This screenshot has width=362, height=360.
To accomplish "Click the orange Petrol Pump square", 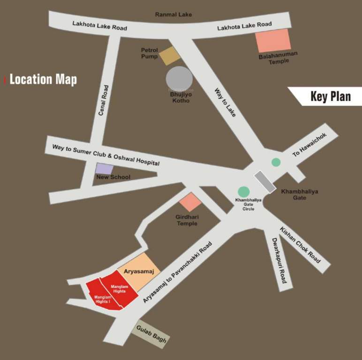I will (169, 56).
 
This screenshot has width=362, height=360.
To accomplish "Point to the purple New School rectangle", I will (104, 169).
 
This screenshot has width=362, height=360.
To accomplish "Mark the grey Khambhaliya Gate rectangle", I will (265, 182).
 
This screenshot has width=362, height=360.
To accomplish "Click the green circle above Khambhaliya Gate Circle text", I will (243, 192).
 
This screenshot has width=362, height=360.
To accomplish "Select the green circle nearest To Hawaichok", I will (276, 162).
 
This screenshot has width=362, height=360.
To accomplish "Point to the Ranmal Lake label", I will (173, 15).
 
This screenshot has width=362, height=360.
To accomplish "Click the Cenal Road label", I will (104, 100).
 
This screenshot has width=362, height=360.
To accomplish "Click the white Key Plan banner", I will (328, 96).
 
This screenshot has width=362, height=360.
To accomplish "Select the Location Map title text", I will (43, 79).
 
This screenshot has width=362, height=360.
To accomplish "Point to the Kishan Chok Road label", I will (300, 245).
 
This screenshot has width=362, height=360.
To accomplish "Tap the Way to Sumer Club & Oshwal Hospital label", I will (106, 155).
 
